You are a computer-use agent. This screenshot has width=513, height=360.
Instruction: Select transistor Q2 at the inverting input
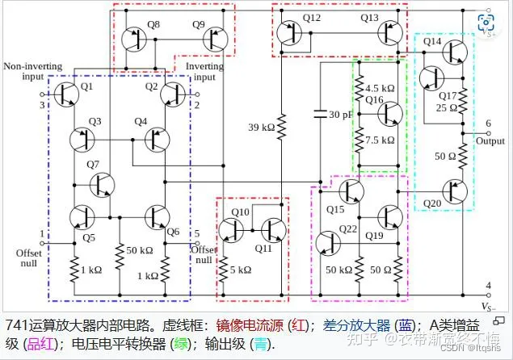(x=174, y=95)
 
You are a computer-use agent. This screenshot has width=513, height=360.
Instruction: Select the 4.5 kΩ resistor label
(x=380, y=88)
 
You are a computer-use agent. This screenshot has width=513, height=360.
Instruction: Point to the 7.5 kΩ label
(x=380, y=139)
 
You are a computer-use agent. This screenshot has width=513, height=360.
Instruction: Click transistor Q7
(x=101, y=185)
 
